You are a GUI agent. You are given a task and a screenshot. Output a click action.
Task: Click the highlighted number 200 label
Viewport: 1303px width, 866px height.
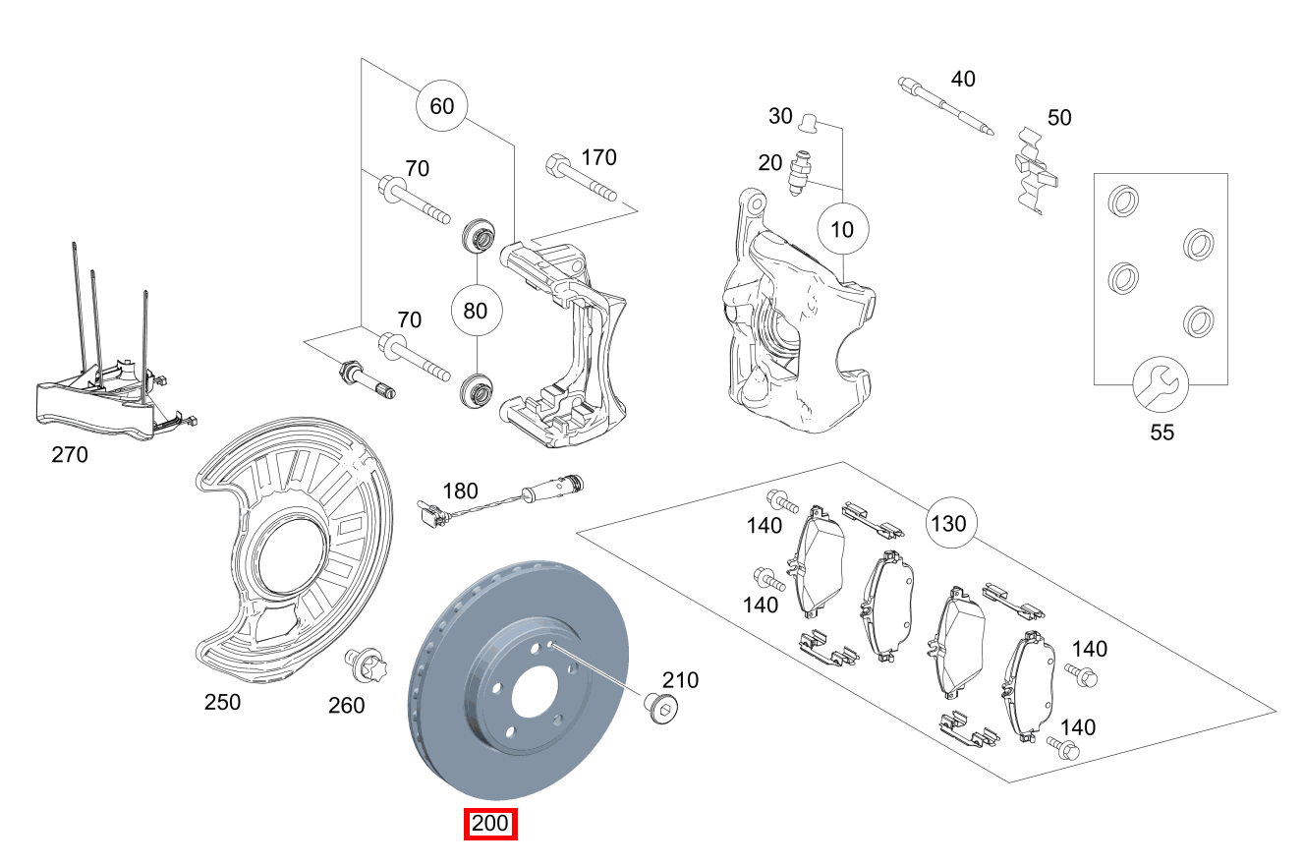(x=490, y=824)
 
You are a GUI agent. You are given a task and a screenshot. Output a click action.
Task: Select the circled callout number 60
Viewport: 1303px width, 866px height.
(x=442, y=105)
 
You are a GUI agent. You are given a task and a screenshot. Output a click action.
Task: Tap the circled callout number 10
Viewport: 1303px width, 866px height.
(x=843, y=230)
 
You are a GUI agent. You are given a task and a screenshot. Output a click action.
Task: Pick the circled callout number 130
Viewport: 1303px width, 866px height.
(x=948, y=523)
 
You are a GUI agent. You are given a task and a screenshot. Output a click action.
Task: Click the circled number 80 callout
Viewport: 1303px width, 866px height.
(x=476, y=312)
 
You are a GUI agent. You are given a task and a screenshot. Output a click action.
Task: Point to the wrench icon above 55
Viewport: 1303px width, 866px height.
(x=1161, y=383)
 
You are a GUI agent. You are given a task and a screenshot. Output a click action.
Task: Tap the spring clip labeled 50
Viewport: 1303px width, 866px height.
(x=1035, y=171)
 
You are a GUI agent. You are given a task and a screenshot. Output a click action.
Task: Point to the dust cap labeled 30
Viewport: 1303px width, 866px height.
(x=810, y=122)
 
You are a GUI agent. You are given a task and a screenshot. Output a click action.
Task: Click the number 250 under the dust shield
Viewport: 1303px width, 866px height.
(x=222, y=702)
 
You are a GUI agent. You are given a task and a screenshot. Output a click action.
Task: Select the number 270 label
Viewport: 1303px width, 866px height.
(x=69, y=455)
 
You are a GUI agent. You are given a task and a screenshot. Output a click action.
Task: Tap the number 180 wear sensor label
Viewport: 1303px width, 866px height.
(x=460, y=491)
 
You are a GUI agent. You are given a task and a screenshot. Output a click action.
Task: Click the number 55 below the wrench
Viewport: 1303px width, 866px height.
(x=1161, y=432)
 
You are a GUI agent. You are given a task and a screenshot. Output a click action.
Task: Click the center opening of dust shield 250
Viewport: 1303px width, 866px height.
(x=289, y=561)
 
